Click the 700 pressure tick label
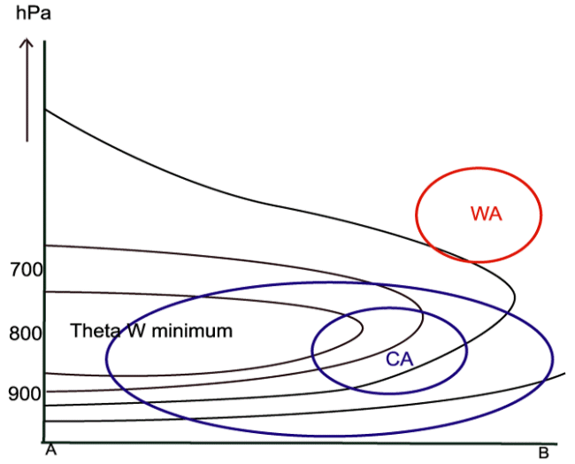pos(24,268)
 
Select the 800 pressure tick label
pos(24,334)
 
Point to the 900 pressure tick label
pos(24,392)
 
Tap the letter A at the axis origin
pos(50,450)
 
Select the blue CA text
pos(400,359)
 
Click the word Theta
pos(92,331)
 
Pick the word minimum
pos(192,331)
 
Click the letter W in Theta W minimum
pos(132,331)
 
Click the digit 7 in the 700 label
pos(12,268)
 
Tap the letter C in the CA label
pos(393,359)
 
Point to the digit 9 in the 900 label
pos(12,392)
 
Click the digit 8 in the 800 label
pos(12,334)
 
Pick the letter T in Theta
pos(75,331)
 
